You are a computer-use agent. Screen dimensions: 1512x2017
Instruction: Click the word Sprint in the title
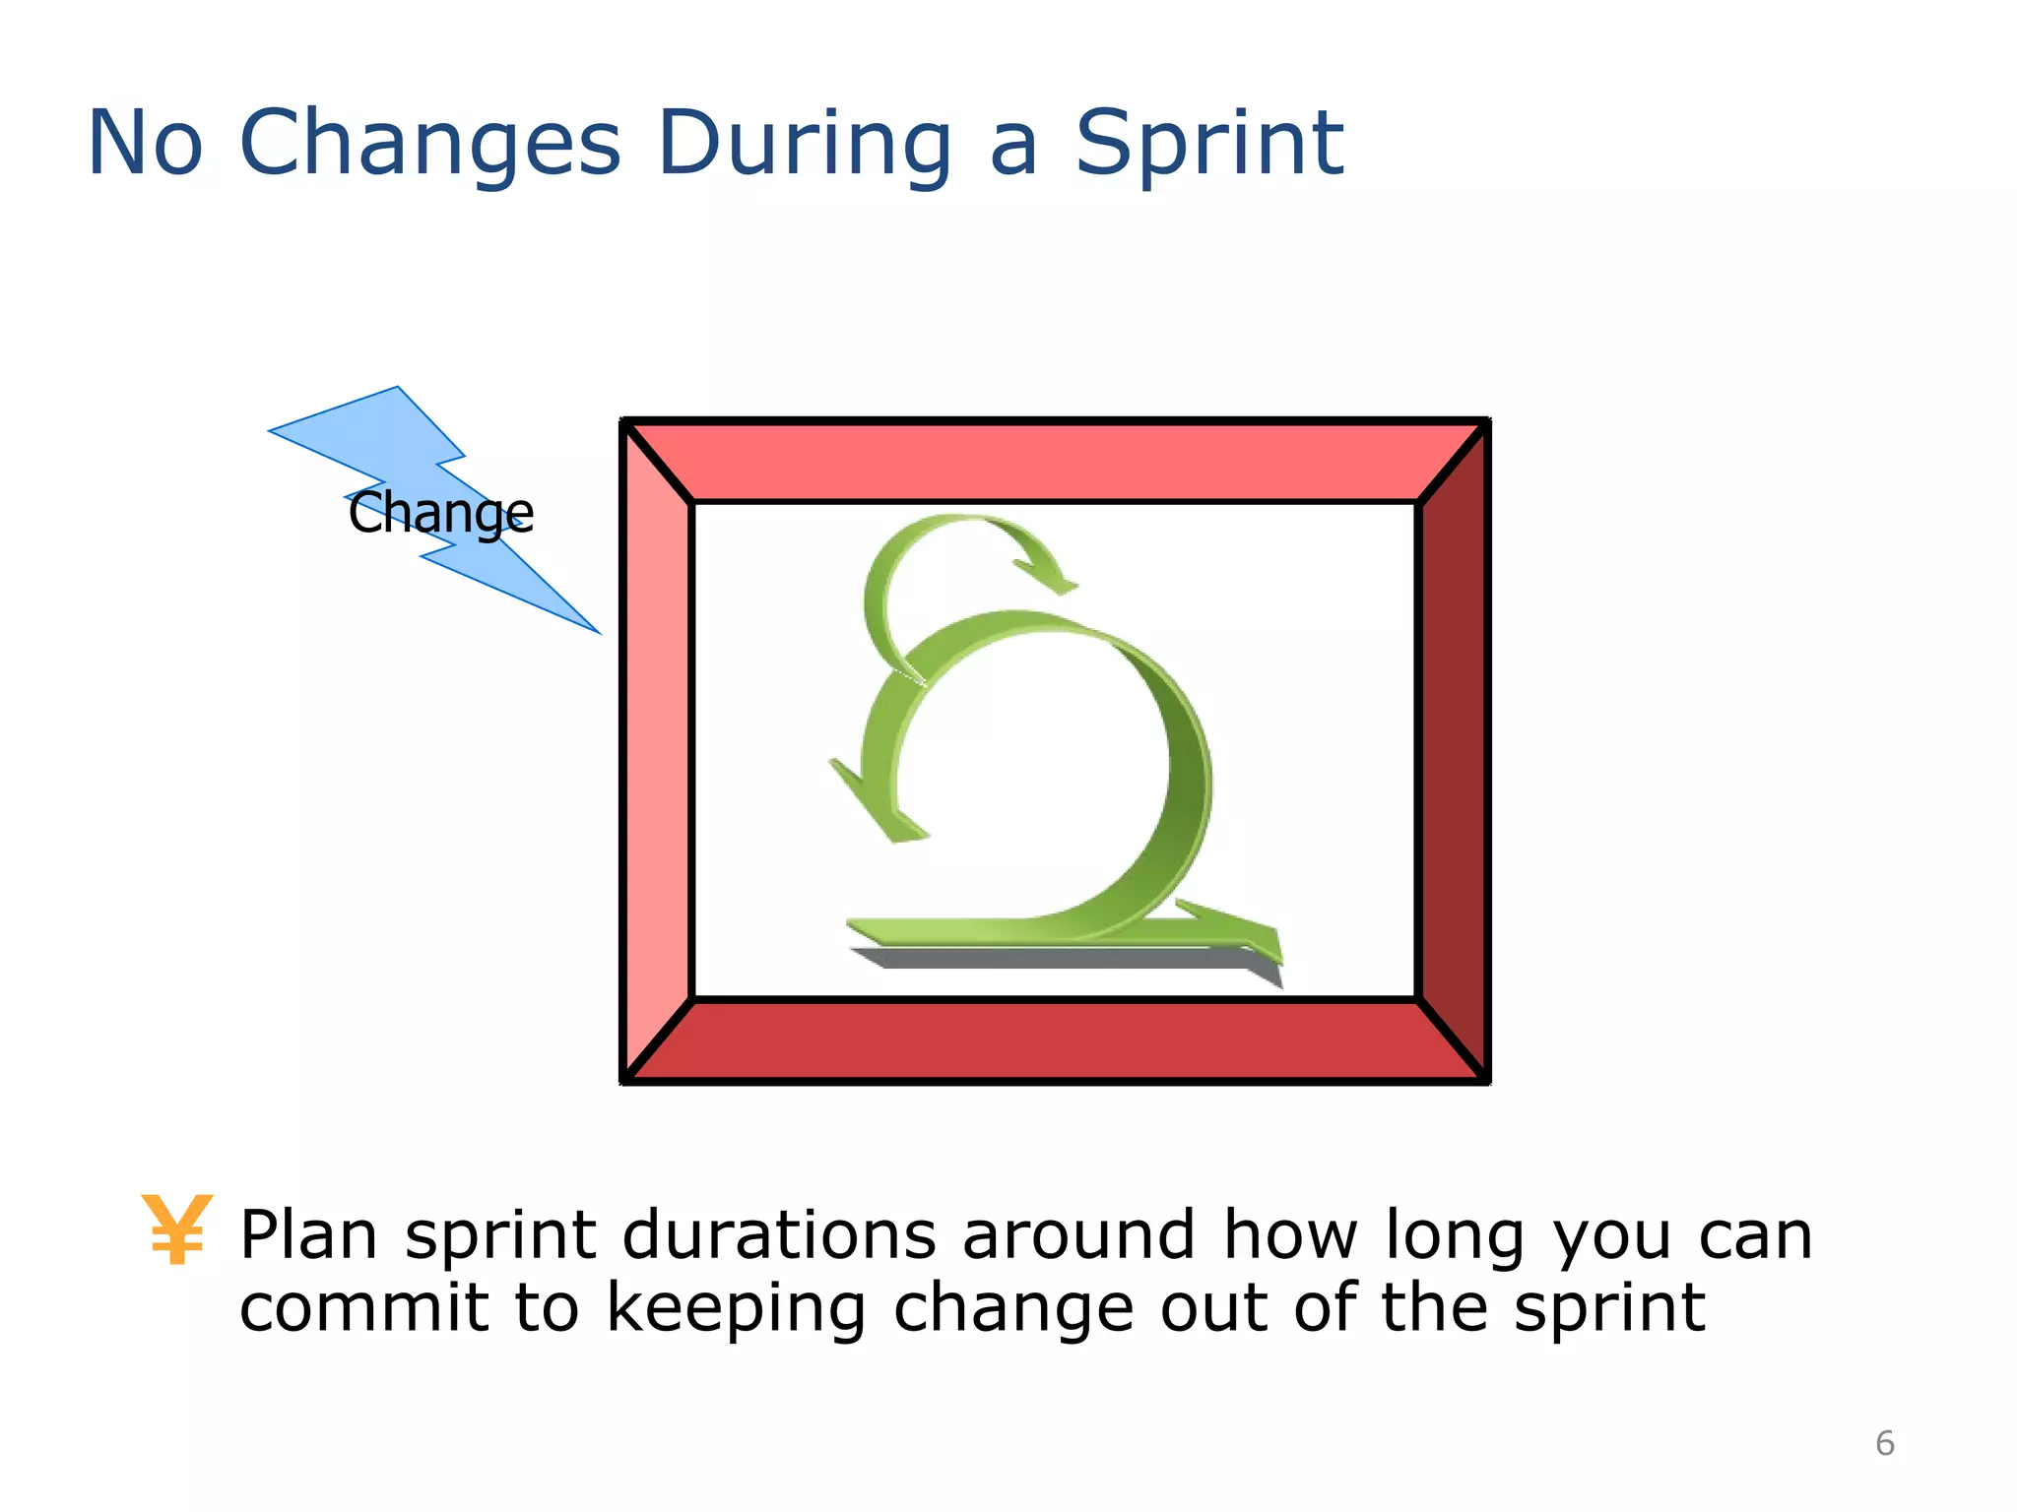[x=1208, y=144]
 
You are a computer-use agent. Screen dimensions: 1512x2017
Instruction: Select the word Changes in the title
[x=430, y=144]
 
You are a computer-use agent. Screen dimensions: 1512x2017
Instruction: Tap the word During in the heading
[x=804, y=144]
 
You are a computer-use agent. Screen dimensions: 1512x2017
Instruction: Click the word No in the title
[x=146, y=144]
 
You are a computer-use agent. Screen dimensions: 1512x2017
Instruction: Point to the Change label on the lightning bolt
[x=440, y=513]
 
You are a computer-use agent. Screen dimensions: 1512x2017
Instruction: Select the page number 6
[x=1884, y=1443]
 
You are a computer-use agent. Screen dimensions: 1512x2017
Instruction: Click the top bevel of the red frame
[x=1054, y=462]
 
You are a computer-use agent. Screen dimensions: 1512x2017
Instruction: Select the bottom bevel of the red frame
[x=1054, y=1041]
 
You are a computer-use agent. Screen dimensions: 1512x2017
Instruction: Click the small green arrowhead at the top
[x=1049, y=576]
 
